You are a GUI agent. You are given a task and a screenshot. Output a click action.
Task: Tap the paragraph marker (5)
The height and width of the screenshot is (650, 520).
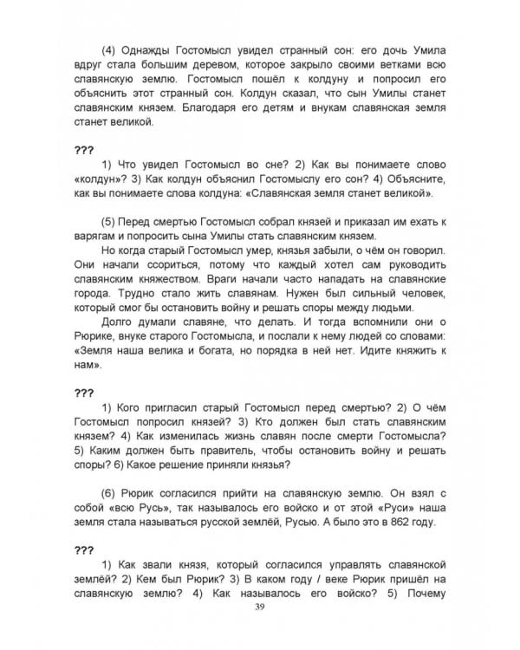(110, 221)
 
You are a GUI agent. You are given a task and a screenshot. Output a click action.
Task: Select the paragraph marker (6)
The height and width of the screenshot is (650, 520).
(110, 489)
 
